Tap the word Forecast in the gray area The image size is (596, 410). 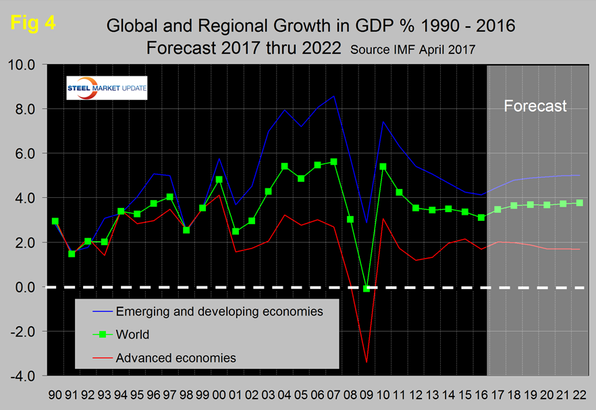pos(535,106)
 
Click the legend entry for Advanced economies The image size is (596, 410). pos(176,357)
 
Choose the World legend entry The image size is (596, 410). pos(132,334)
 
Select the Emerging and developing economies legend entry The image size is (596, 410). pos(219,311)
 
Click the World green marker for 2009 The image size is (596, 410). pos(367,288)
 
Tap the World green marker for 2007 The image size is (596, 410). pos(333,161)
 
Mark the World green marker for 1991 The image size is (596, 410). pos(72,254)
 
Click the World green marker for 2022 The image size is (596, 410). pos(579,203)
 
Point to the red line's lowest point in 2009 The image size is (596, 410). pos(367,363)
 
